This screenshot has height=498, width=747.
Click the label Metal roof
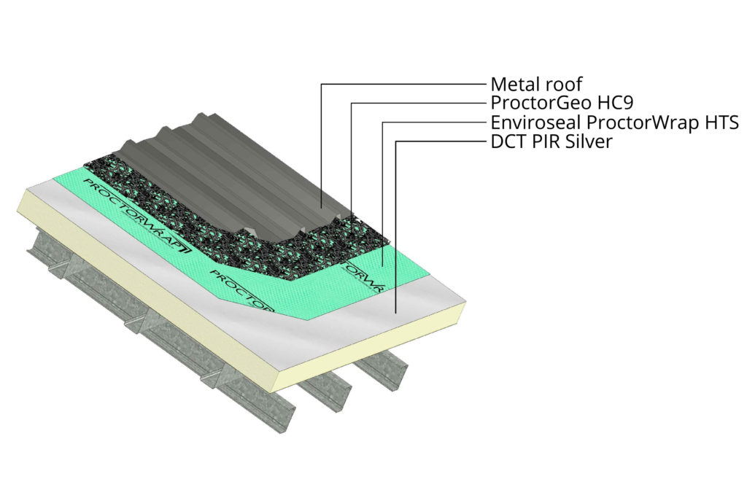coord(536,84)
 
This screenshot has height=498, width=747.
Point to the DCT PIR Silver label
coord(551,141)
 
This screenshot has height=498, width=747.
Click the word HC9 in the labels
coord(599,103)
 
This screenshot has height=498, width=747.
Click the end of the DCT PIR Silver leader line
coord(395,312)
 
